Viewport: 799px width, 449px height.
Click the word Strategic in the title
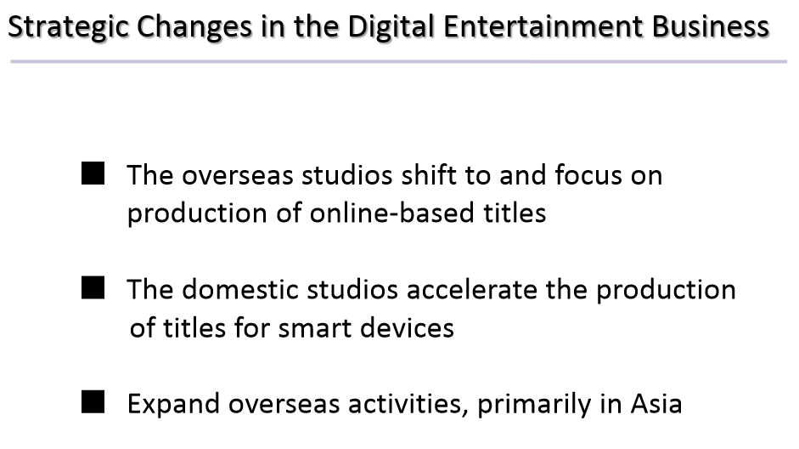pyautogui.click(x=69, y=27)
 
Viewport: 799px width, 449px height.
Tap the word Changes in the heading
pyautogui.click(x=194, y=27)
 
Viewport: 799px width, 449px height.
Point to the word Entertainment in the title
pyautogui.click(x=543, y=26)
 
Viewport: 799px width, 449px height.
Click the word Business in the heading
pyautogui.click(x=711, y=26)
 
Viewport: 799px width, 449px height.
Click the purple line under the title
pyautogui.click(x=398, y=62)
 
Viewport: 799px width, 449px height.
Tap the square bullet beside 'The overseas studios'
pyautogui.click(x=93, y=173)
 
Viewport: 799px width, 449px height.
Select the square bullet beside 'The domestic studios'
pyautogui.click(x=93, y=287)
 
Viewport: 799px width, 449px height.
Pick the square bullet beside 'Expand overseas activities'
pyautogui.click(x=93, y=401)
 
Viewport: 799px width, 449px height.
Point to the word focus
pyautogui.click(x=588, y=175)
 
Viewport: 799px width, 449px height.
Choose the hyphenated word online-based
pyautogui.click(x=391, y=213)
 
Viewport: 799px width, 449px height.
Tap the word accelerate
pyautogui.click(x=472, y=289)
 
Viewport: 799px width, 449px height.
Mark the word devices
pyautogui.click(x=407, y=327)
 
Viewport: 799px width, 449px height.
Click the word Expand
pyautogui.click(x=173, y=405)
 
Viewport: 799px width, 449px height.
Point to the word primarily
pyautogui.click(x=534, y=405)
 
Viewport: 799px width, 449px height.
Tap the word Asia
pyautogui.click(x=656, y=404)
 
